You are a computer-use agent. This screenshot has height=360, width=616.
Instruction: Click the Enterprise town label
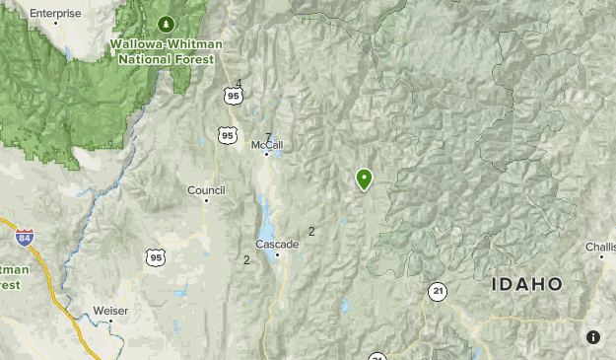[x=54, y=13]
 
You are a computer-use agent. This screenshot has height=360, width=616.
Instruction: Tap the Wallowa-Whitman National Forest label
[x=167, y=51]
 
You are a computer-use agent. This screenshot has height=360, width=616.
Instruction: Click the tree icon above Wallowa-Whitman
[x=166, y=23]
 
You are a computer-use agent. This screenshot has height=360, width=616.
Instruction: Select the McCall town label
[x=266, y=145]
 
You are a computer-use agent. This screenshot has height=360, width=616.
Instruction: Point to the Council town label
[x=206, y=189]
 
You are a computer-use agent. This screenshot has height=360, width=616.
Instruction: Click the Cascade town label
[x=276, y=244]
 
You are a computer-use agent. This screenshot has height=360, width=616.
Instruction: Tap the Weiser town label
[x=110, y=310]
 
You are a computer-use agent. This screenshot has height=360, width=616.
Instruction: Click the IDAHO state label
[x=526, y=284]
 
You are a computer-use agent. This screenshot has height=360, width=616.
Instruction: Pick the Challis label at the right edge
[x=600, y=246]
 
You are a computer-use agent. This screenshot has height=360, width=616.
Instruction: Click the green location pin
[x=365, y=179]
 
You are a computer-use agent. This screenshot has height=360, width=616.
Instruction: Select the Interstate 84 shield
[x=25, y=238]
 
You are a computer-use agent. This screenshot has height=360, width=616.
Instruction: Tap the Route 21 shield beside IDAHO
[x=437, y=291]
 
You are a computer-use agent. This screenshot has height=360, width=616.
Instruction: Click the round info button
[x=592, y=337]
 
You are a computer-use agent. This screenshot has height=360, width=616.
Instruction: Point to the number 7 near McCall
[x=268, y=137]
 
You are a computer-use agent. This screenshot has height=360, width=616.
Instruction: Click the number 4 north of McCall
[x=239, y=84]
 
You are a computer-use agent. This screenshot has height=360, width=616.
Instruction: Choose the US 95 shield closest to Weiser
[x=155, y=257]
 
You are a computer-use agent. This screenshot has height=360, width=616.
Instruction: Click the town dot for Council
[x=206, y=200]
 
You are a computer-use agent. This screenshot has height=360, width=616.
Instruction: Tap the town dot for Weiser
[x=110, y=321]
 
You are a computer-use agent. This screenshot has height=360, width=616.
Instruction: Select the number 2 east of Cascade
[x=311, y=232]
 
